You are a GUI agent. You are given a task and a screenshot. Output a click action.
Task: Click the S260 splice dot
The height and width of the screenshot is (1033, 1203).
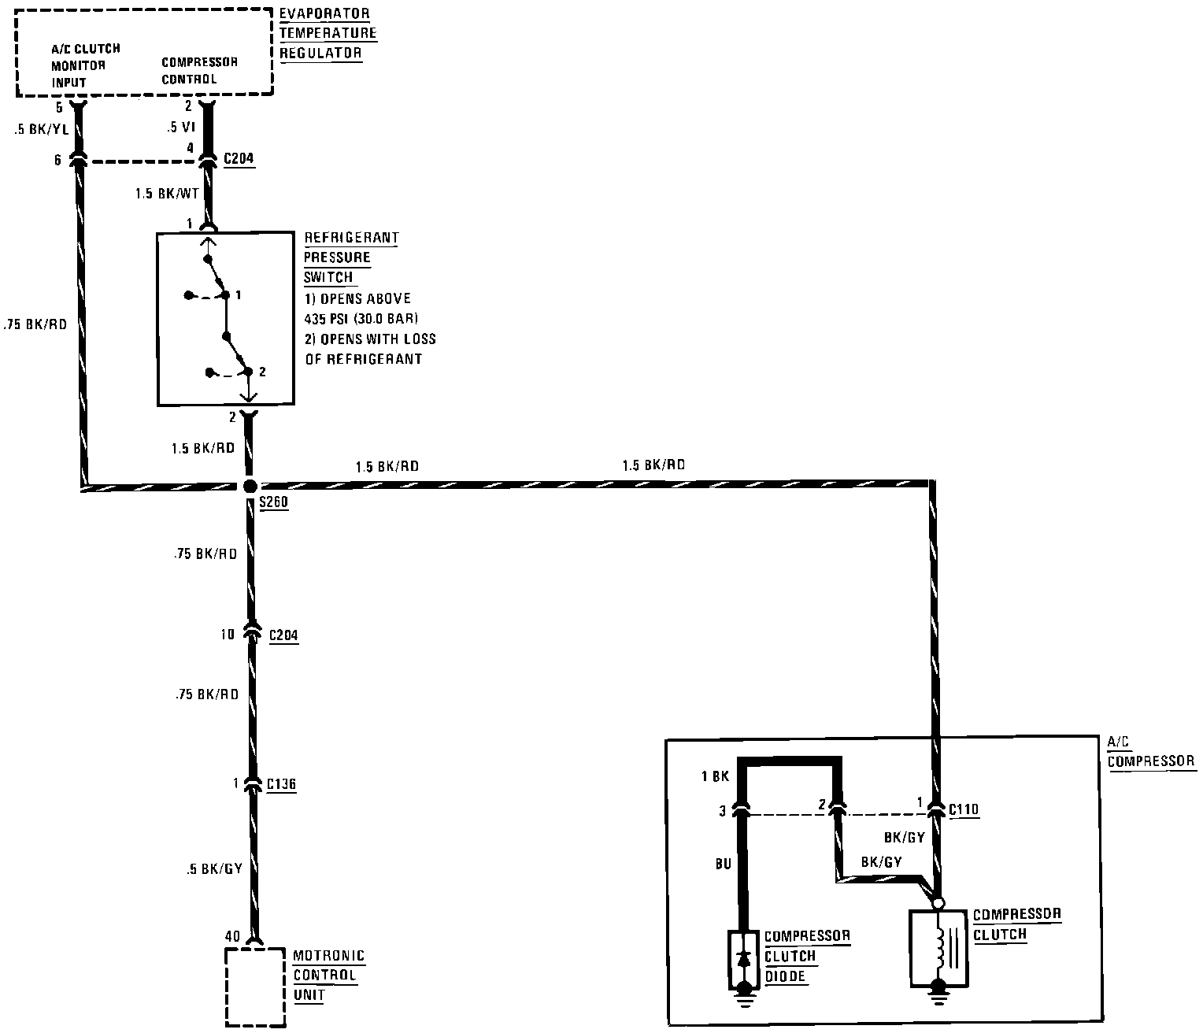250,487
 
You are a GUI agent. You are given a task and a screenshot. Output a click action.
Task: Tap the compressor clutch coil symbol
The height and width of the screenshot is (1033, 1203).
938,947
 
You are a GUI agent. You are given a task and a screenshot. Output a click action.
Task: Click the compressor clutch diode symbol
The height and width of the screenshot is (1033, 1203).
742,959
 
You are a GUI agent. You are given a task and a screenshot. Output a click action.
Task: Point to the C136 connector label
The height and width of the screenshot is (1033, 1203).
281,784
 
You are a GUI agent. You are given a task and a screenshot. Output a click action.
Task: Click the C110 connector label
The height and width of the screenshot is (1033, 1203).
964,809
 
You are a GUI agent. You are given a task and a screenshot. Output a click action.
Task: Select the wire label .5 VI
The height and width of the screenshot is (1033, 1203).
180,127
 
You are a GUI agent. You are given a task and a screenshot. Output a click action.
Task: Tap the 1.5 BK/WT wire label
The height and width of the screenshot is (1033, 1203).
166,194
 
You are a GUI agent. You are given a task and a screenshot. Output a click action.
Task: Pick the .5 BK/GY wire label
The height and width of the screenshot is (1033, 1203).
213,869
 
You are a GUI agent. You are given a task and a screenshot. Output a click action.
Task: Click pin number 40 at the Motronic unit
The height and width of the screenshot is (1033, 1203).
232,937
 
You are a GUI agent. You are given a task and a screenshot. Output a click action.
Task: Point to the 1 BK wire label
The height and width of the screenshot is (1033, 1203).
715,777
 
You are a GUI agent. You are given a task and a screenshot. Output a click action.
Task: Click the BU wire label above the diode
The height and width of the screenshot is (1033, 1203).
723,864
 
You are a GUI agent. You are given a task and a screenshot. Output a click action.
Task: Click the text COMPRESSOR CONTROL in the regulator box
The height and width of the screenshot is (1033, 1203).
199,71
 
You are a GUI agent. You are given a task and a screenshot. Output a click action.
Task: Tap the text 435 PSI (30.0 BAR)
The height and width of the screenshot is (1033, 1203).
361,319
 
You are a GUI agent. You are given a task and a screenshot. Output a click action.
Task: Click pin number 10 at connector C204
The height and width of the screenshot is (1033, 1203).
228,634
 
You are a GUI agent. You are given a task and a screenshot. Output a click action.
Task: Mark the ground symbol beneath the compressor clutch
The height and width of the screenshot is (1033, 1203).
938,994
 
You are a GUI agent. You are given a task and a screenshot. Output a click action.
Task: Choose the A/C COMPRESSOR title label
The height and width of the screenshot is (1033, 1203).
1151,752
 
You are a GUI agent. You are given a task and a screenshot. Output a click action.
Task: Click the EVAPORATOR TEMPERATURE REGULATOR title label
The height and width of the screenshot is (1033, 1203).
327,34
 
